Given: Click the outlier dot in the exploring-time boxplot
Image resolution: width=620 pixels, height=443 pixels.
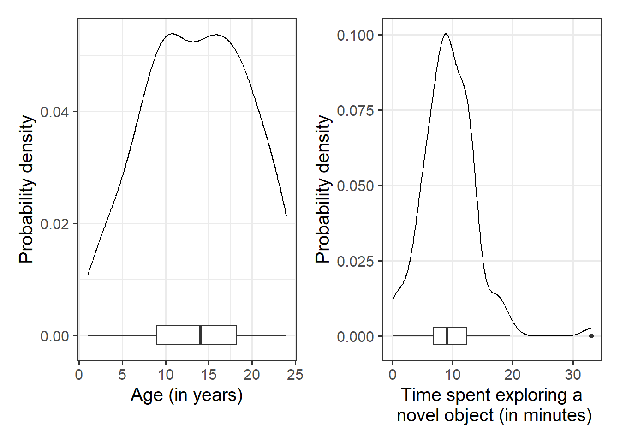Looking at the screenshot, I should click(x=591, y=336).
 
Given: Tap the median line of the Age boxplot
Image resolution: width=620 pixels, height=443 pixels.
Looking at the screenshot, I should click(x=200, y=335).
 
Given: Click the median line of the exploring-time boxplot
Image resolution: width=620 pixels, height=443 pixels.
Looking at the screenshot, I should click(x=447, y=336).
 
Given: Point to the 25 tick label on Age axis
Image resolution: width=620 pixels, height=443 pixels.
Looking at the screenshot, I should click(x=295, y=374).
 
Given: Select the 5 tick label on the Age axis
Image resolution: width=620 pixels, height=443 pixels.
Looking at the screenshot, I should click(x=122, y=374).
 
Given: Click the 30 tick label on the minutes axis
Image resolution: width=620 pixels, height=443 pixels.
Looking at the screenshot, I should click(x=573, y=374).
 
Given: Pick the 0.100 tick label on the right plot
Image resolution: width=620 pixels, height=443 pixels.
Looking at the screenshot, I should click(x=355, y=35).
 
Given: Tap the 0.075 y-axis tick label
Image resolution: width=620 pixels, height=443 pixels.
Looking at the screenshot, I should click(x=355, y=110).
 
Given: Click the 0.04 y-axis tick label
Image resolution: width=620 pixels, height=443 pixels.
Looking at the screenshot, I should click(x=54, y=112).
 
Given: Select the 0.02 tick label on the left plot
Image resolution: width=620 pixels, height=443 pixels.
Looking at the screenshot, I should click(x=54, y=224).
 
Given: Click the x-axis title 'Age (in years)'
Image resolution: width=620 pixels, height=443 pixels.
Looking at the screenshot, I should click(x=186, y=395).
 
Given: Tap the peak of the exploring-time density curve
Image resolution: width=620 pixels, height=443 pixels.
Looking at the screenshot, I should click(x=446, y=34).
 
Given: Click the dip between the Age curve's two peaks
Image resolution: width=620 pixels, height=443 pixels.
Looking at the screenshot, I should click(x=194, y=42).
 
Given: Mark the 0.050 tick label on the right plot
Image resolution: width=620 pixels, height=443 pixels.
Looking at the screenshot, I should click(x=355, y=186).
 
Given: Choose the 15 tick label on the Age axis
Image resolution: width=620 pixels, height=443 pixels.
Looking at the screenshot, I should click(x=209, y=374).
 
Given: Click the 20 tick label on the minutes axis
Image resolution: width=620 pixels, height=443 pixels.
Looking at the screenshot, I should click(x=513, y=374).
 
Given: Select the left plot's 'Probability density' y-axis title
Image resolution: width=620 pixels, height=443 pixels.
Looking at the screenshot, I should click(x=27, y=189).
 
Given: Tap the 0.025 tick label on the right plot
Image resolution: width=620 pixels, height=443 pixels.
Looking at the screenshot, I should click(x=355, y=261).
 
